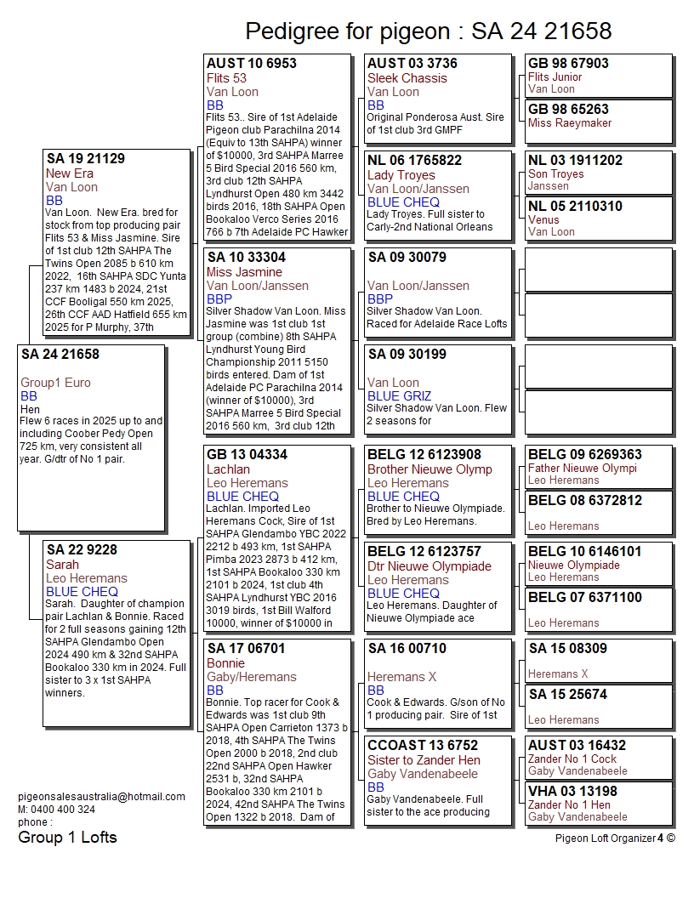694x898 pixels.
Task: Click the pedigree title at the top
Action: click(428, 31)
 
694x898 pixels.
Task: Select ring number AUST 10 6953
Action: click(252, 64)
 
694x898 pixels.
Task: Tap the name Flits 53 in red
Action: click(226, 78)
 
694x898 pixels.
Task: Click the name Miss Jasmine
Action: click(244, 272)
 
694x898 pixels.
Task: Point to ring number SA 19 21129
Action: click(86, 159)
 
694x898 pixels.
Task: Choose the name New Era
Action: click(70, 173)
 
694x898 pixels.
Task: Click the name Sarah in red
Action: click(63, 565)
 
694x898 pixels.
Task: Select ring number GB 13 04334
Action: click(247, 455)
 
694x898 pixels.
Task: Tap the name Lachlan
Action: click(228, 469)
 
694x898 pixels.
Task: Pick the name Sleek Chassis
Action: click(407, 78)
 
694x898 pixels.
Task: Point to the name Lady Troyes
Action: click(401, 175)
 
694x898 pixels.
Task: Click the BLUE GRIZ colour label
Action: click(399, 396)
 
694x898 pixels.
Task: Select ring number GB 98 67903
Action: click(568, 64)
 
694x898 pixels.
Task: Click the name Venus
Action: click(544, 220)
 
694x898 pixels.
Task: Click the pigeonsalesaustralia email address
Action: click(101, 797)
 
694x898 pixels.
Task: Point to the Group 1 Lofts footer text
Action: click(67, 838)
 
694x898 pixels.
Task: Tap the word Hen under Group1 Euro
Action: click(30, 409)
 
